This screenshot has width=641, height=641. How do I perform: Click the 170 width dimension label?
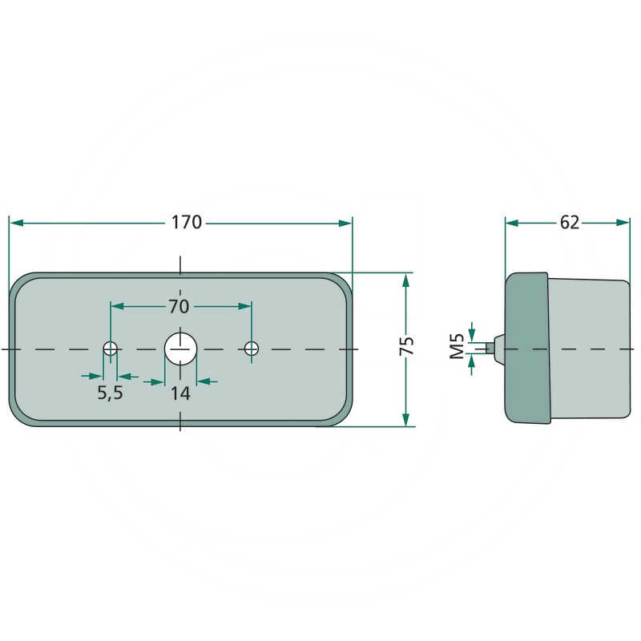click(x=187, y=223)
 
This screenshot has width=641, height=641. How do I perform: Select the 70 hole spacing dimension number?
click(x=179, y=306)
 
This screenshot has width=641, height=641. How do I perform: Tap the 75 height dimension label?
click(x=407, y=346)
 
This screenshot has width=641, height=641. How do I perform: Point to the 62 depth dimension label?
click(x=569, y=223)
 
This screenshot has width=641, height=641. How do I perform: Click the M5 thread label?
click(x=456, y=347)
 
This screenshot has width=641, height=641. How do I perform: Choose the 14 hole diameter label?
click(x=180, y=393)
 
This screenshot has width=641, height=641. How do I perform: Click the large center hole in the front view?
click(x=180, y=349)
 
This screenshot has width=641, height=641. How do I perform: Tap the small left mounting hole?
click(x=110, y=349)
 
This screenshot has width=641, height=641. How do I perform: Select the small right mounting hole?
click(x=252, y=349)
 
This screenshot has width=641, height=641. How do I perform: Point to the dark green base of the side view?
click(x=526, y=348)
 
